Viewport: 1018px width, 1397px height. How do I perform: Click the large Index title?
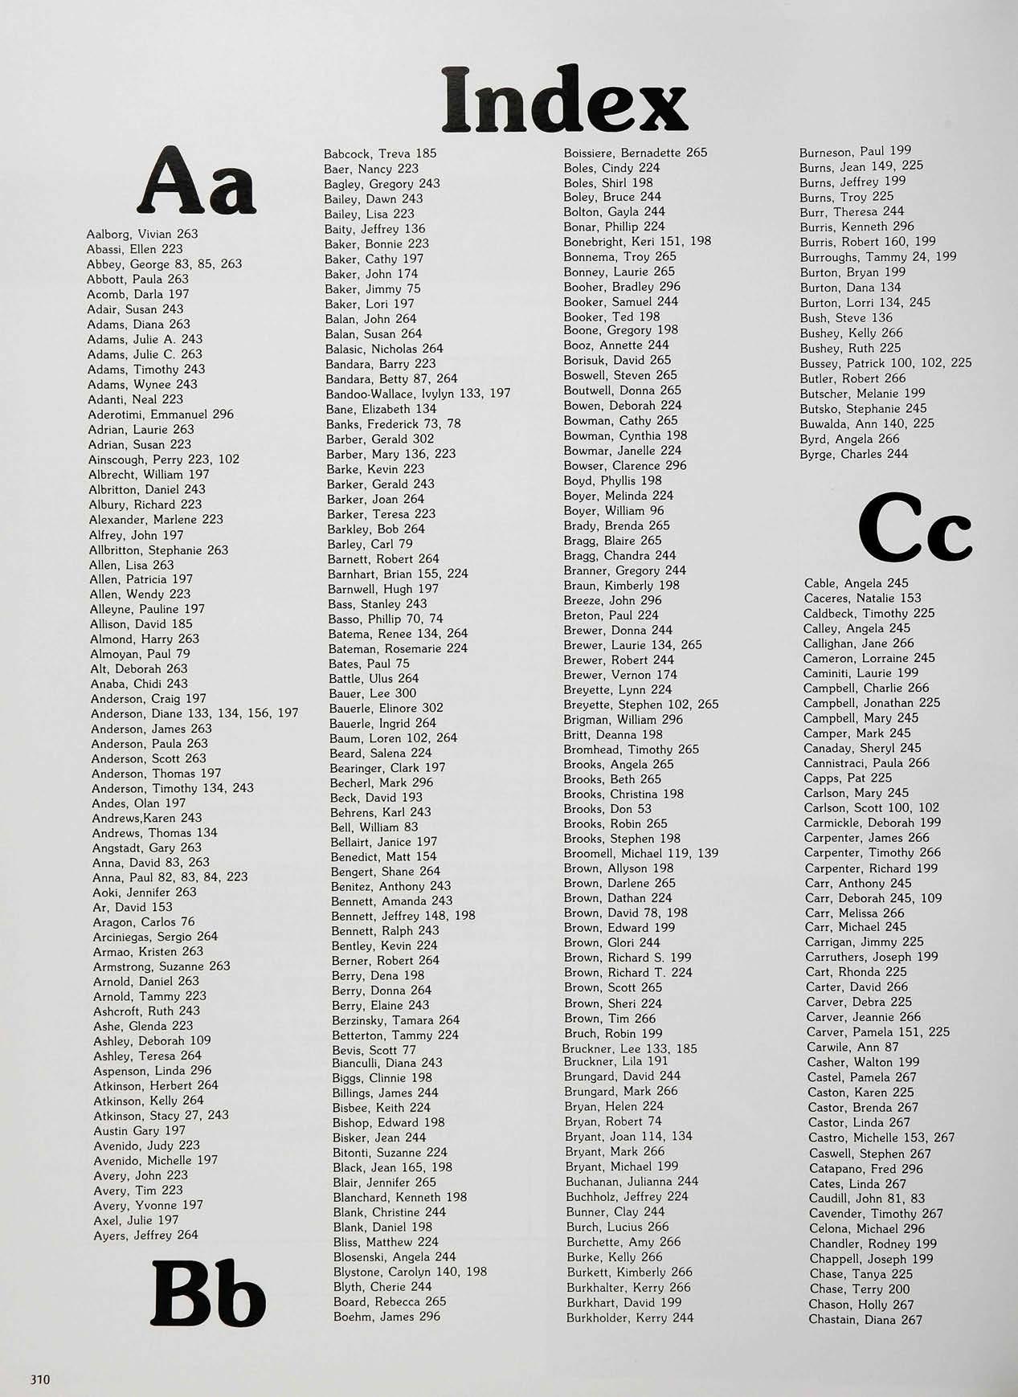(565, 100)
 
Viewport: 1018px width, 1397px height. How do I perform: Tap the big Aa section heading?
(198, 182)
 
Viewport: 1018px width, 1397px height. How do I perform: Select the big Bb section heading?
(208, 1293)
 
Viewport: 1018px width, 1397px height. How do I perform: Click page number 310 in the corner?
(40, 1380)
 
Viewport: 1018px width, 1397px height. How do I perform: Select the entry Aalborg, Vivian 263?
(142, 234)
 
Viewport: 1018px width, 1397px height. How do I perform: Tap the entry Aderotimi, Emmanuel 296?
(161, 415)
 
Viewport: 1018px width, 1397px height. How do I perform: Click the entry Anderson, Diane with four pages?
(194, 713)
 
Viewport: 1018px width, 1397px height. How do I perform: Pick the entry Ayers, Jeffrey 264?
(145, 1236)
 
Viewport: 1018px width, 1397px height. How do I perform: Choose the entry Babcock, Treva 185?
(380, 153)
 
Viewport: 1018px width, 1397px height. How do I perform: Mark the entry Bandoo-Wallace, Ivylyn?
(418, 394)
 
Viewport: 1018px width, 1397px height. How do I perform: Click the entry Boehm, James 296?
(387, 1317)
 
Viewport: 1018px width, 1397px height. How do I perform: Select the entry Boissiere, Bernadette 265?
(636, 153)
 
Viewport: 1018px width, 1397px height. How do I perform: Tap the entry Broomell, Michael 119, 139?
(641, 853)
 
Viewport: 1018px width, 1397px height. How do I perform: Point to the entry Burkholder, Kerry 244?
(630, 1317)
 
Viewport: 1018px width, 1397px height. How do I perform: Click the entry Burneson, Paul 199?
(855, 151)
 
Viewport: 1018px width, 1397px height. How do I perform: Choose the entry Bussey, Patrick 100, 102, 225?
(885, 363)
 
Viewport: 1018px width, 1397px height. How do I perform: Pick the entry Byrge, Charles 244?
(853, 454)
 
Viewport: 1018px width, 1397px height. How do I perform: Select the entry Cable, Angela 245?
(856, 583)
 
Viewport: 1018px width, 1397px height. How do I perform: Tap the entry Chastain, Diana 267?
(865, 1320)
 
